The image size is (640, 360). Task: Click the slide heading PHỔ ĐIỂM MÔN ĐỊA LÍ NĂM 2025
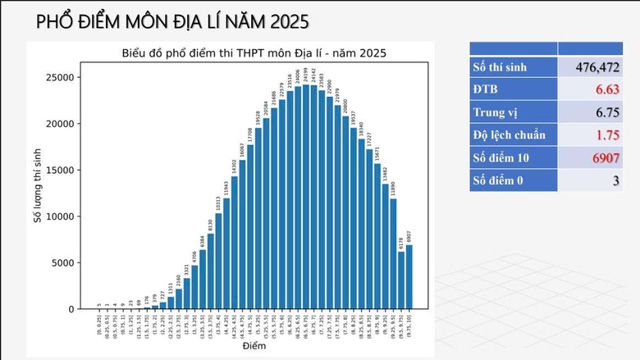172,21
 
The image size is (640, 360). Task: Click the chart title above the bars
254,53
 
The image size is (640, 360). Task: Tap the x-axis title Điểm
254,347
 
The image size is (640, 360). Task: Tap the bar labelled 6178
401,280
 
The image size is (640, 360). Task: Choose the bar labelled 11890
393,254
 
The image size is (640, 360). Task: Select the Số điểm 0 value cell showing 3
615,180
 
